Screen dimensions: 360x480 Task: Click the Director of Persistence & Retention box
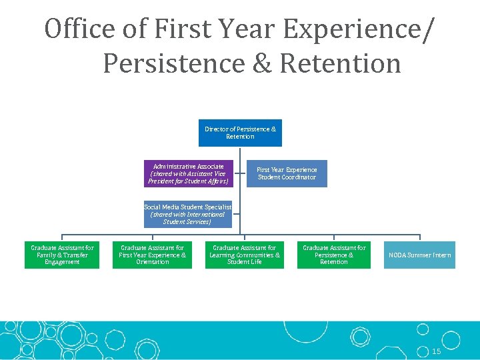[x=240, y=133]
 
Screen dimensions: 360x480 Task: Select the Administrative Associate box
[x=189, y=173]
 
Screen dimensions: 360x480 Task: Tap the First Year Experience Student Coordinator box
[x=287, y=173]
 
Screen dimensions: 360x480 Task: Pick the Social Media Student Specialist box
[x=187, y=214]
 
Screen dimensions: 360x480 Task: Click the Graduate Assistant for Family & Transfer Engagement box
[x=62, y=255]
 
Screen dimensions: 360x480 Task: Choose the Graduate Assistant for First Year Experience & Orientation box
[x=152, y=255]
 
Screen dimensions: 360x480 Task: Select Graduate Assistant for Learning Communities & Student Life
[x=245, y=255]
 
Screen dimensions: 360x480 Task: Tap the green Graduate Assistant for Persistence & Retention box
[x=334, y=255]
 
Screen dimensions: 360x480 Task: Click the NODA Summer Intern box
[x=419, y=255]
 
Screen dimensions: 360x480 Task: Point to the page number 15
[x=437, y=351]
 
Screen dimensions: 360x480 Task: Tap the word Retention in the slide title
[x=341, y=64]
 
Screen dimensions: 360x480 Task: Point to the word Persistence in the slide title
[x=175, y=64]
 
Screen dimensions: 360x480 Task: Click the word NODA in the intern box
[x=398, y=255]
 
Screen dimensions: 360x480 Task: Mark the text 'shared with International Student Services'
[x=187, y=218]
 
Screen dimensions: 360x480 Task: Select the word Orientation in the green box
[x=152, y=262]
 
